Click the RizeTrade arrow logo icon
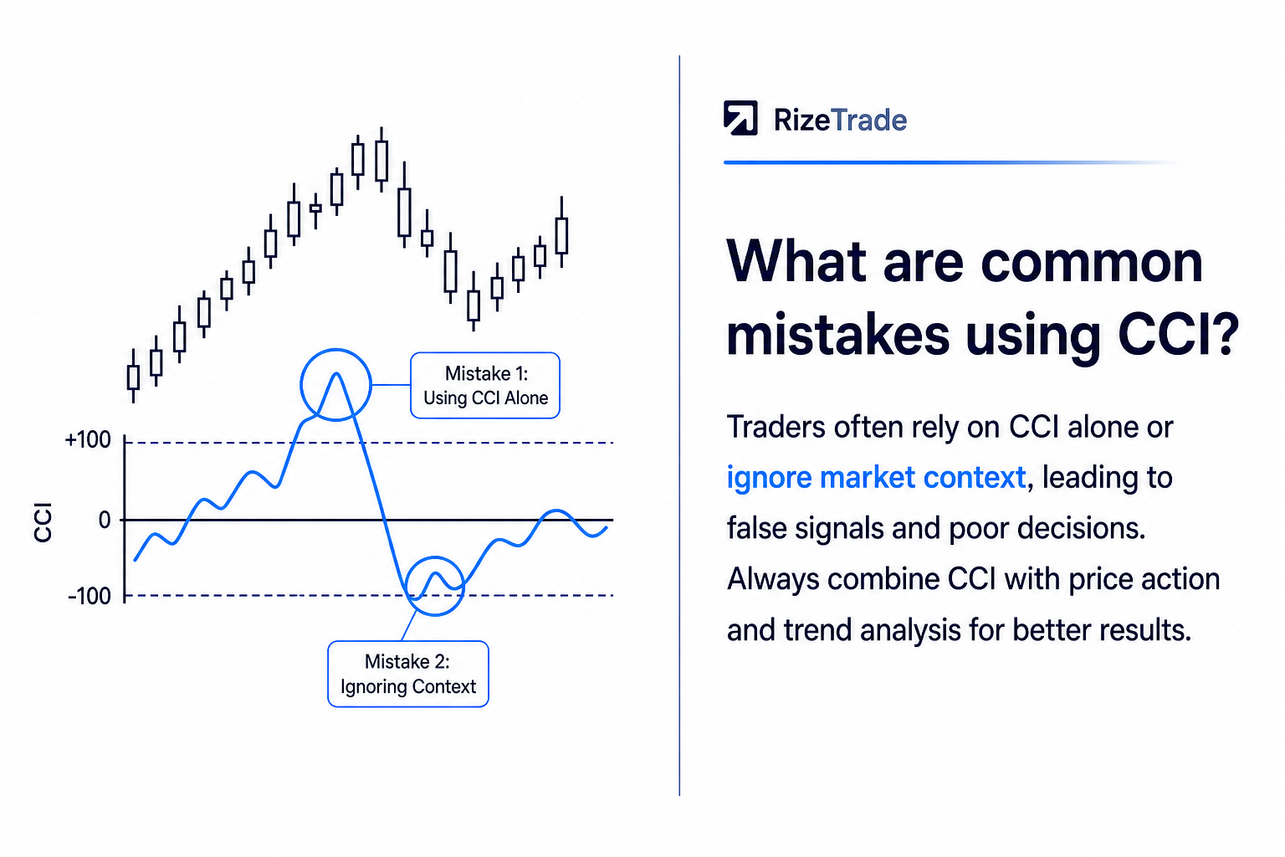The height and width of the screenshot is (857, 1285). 740,118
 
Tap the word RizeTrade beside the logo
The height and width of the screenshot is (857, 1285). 840,120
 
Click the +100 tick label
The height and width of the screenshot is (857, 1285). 88,439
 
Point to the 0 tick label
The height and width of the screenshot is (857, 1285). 105,520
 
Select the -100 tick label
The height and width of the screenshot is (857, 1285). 90,597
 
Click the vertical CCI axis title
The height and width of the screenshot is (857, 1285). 43,521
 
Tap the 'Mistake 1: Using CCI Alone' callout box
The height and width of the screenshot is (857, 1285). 485,385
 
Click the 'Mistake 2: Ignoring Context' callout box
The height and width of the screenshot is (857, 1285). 408,674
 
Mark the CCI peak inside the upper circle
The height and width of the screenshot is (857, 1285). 336,373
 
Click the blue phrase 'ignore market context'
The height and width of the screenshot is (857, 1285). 876,478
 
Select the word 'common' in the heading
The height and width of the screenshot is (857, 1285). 1092,263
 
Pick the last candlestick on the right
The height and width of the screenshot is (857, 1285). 562,233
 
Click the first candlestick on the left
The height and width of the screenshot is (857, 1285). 133,376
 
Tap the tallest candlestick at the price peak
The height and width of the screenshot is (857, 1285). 381,160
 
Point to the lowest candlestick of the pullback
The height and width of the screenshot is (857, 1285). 474,302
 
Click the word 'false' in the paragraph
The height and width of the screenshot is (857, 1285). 755,527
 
